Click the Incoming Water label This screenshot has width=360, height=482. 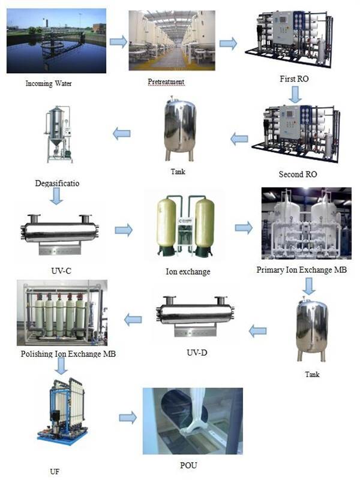tap(49, 83)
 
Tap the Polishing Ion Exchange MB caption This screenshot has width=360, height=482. tap(67, 353)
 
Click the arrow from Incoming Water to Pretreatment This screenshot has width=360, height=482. tap(118, 41)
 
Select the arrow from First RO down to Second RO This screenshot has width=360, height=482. tap(294, 94)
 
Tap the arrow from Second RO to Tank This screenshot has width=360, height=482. tap(239, 139)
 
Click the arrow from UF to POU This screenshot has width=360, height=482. tap(127, 417)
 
